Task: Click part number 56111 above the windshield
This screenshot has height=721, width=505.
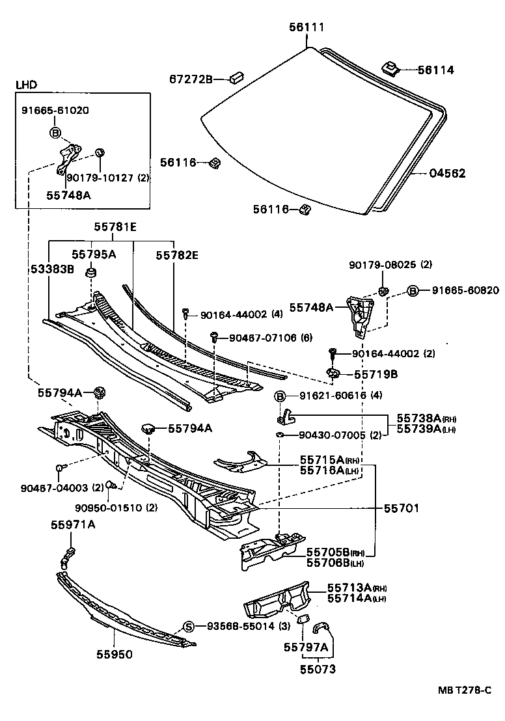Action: [307, 27]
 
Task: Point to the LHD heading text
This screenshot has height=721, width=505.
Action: [27, 85]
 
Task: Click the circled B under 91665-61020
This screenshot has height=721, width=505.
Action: [55, 133]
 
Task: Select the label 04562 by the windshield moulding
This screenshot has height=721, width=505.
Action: [448, 174]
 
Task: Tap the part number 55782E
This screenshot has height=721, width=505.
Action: [176, 256]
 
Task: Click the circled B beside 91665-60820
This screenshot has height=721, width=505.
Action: [412, 290]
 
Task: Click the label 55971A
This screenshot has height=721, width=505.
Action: [74, 525]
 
